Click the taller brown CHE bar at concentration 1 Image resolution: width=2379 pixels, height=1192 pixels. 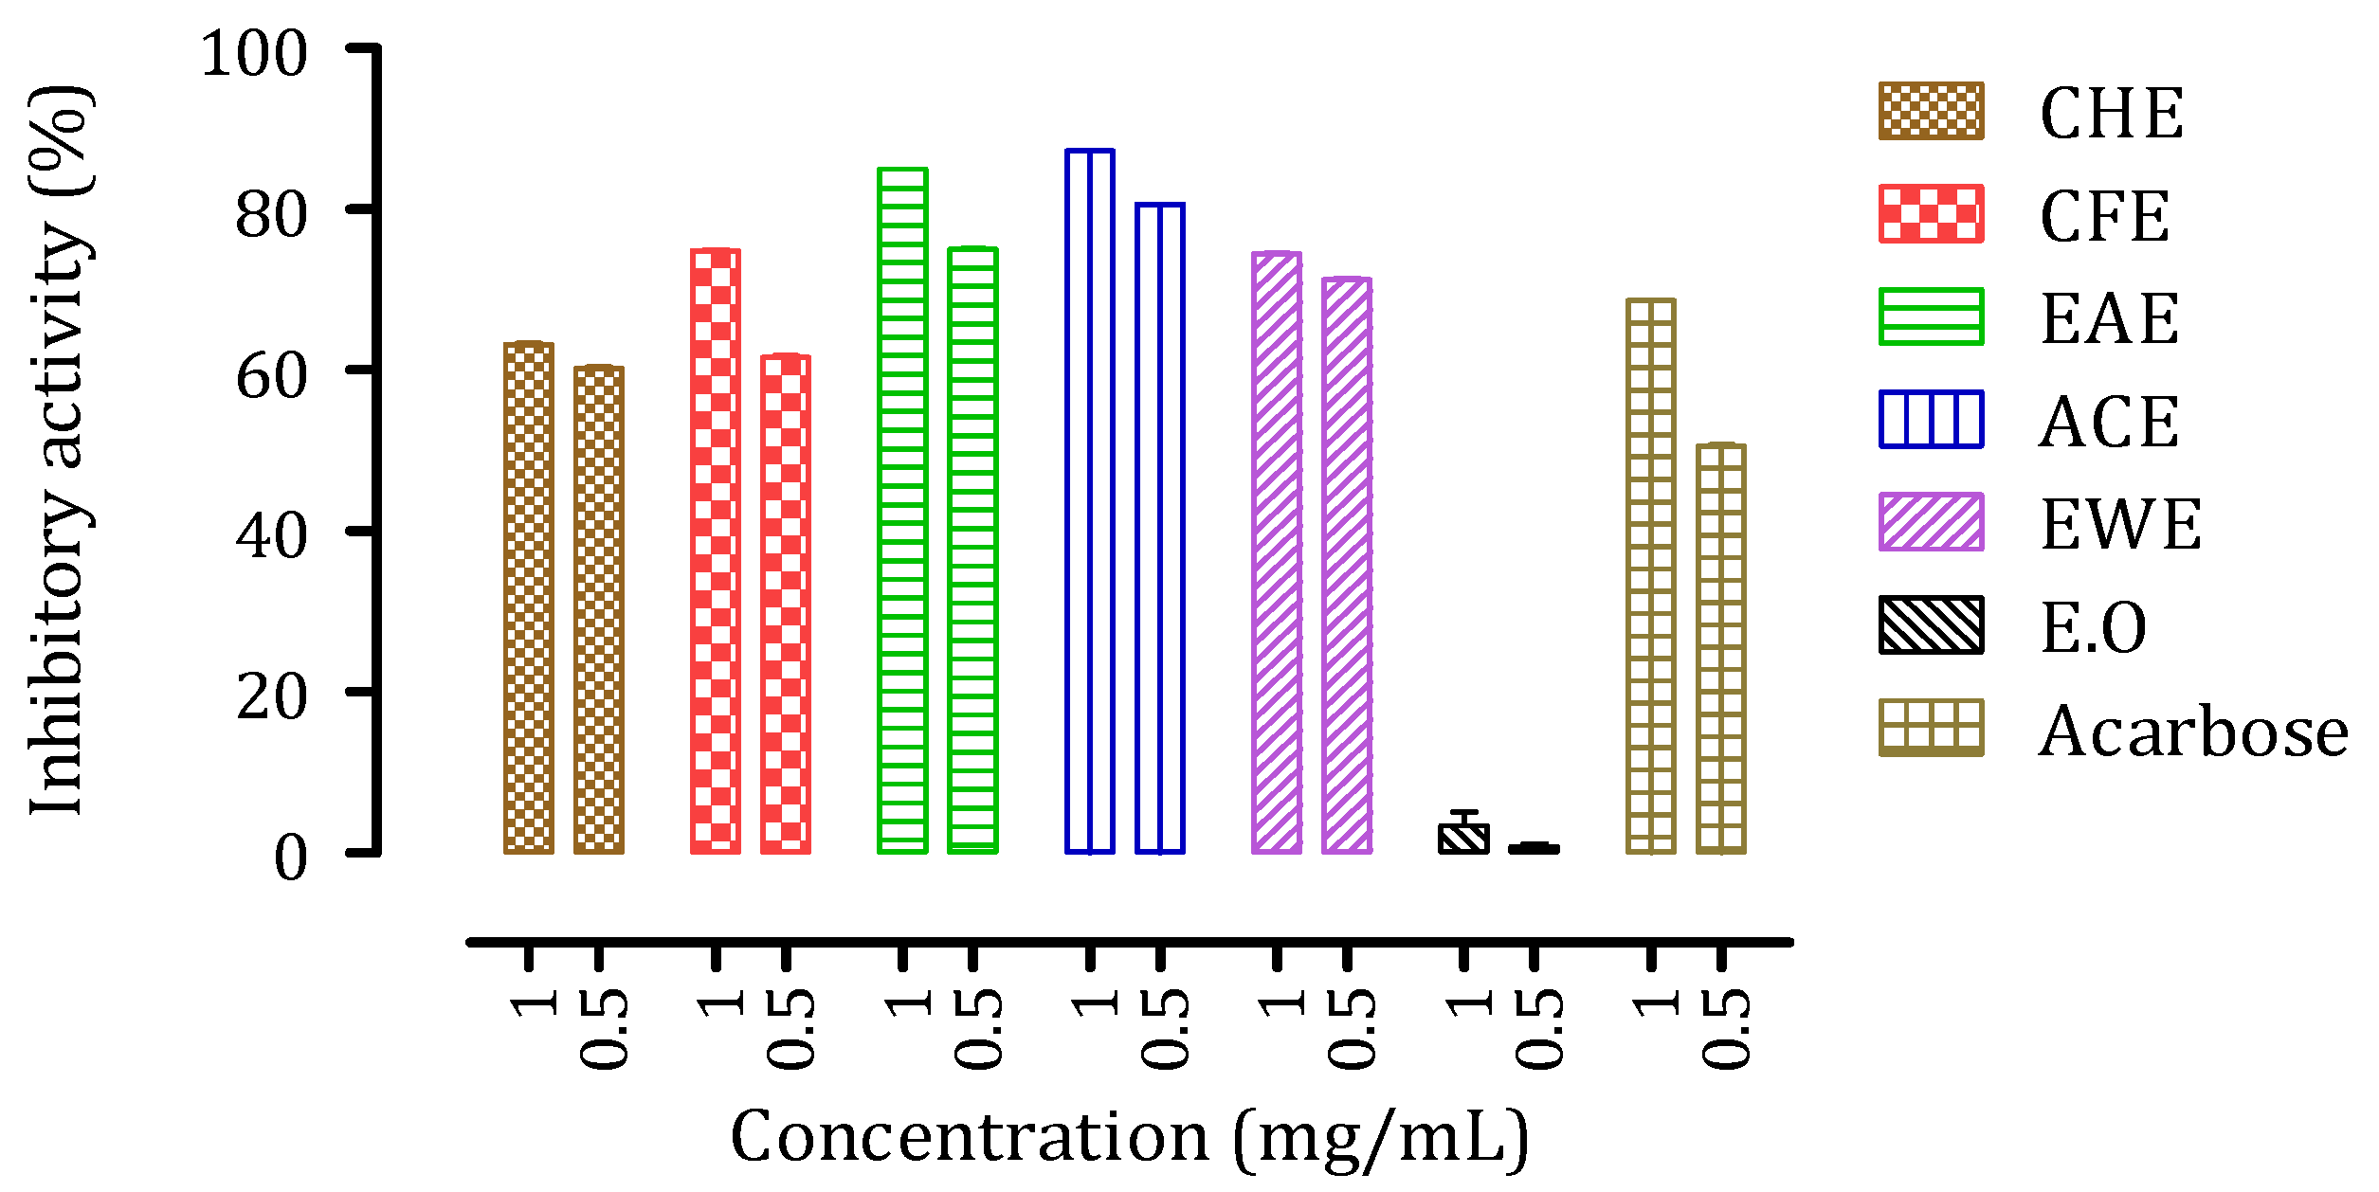pyautogui.click(x=528, y=598)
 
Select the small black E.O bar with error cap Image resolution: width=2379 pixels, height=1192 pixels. pyautogui.click(x=1463, y=838)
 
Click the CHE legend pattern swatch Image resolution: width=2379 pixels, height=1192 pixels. pyautogui.click(x=1931, y=112)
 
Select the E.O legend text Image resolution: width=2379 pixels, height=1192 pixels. pyautogui.click(x=2093, y=628)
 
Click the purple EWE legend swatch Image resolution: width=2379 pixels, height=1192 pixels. pyautogui.click(x=1931, y=522)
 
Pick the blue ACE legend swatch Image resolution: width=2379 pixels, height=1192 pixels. pyautogui.click(x=1931, y=419)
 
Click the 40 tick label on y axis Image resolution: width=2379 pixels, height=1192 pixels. pyautogui.click(x=271, y=536)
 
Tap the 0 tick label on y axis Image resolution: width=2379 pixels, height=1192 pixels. pyautogui.click(x=290, y=859)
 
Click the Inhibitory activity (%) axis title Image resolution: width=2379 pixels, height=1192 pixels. pyautogui.click(x=59, y=450)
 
